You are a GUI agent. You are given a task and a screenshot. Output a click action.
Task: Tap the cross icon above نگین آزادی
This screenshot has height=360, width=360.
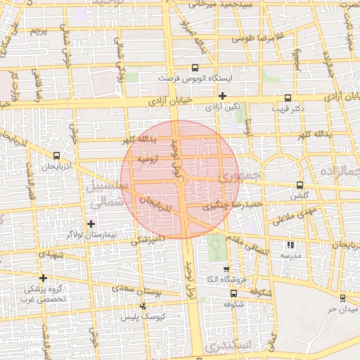point(223,96)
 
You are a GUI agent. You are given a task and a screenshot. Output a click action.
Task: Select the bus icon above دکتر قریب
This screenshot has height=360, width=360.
point(287,98)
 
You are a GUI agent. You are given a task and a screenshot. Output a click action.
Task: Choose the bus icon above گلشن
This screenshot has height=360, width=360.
point(300,186)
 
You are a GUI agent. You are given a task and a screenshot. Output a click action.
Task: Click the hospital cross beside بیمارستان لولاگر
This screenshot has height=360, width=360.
point(91,224)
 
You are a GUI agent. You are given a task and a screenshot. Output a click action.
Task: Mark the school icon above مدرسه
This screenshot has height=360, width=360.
point(290,245)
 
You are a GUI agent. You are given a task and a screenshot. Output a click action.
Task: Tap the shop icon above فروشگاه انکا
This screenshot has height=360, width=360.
point(226,269)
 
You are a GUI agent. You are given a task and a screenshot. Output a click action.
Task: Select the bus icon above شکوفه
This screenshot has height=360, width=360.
point(233,295)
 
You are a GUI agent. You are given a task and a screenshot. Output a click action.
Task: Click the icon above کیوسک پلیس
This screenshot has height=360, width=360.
point(143,307)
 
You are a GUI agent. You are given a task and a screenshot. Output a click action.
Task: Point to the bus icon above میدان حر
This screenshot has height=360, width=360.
point(342,298)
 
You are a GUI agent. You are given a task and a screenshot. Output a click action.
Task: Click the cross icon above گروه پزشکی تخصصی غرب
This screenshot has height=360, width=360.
point(44,278)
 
